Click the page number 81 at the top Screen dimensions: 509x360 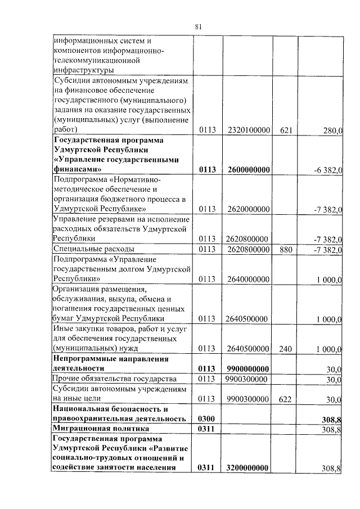[x=198, y=26]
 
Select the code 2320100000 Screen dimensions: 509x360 [x=248, y=130]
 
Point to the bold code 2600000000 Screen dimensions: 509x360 [x=248, y=169]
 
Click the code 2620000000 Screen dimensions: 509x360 [x=248, y=209]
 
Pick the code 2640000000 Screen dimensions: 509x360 [x=248, y=279]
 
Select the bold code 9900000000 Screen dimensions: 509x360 [x=248, y=369]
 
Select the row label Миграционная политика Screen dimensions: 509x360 [x=97, y=429]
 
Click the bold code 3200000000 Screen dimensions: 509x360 [x=248, y=468]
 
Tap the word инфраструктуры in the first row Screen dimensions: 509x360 [x=83, y=70]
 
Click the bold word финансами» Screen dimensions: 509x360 [x=77, y=169]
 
